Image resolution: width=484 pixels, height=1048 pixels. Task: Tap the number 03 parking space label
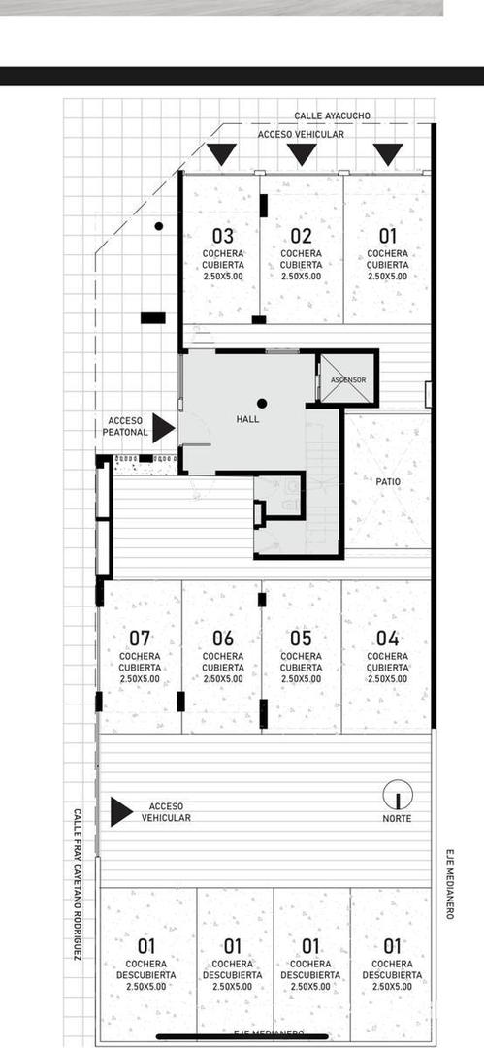[x=223, y=236]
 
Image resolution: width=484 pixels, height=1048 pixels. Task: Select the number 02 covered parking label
[x=301, y=236]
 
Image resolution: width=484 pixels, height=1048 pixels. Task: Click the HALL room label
[x=248, y=420]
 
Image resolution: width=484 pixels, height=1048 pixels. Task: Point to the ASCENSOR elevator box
[x=347, y=379]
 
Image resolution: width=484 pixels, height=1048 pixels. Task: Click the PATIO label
[x=388, y=480]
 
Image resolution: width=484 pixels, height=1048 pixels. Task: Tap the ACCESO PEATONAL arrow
[x=163, y=427]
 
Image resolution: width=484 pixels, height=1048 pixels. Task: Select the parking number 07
[x=140, y=639]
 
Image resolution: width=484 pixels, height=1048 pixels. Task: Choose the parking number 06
[x=223, y=639]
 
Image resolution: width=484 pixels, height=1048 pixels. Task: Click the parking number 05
[x=301, y=639]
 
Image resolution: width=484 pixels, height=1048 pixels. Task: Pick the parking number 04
[x=388, y=639]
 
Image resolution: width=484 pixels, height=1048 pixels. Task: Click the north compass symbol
[x=397, y=796]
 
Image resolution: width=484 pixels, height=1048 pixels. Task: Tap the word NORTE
[x=397, y=819]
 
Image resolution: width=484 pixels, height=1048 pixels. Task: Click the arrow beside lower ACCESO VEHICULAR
[x=120, y=811]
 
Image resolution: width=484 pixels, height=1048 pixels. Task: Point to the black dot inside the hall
[x=262, y=403]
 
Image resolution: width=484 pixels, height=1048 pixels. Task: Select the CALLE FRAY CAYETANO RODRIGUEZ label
[x=78, y=884]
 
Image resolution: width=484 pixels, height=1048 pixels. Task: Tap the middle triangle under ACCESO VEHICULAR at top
[x=302, y=153]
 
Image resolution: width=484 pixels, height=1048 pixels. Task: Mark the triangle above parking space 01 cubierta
[x=388, y=153]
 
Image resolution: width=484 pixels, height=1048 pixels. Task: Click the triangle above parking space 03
[x=222, y=153]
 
